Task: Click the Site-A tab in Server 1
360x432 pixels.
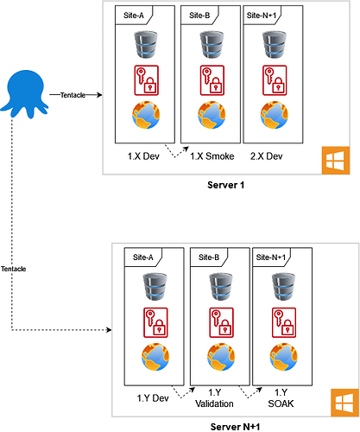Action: coord(134,16)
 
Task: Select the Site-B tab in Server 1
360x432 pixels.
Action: coord(199,16)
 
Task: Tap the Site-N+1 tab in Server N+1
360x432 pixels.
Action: coord(271,257)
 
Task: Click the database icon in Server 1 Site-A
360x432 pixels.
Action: coord(146,45)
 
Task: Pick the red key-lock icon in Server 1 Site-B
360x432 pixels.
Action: coord(212,80)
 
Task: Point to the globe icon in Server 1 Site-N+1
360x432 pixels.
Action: coord(275,115)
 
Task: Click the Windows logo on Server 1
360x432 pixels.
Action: coord(336,161)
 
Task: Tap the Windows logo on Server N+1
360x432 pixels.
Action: coord(344,403)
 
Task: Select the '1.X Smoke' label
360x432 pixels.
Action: coord(212,156)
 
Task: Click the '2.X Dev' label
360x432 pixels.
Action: coord(266,156)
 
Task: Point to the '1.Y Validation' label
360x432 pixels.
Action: coord(214,398)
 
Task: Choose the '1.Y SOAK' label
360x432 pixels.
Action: coord(281,398)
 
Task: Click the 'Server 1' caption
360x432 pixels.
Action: coord(226,185)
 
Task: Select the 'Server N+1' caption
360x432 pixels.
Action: coord(235,427)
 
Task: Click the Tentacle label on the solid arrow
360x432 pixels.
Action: coord(73,95)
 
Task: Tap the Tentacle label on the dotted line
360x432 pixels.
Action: coord(13,269)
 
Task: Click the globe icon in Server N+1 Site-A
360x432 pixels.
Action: coord(155,357)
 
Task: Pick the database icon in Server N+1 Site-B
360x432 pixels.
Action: coord(221,287)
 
